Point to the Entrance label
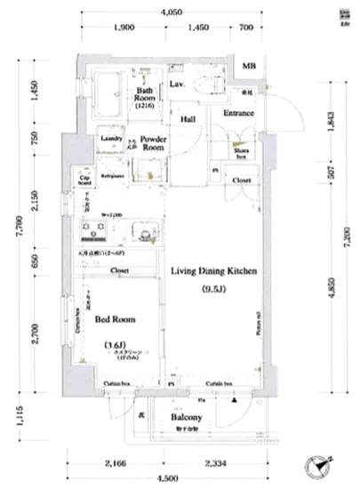point(238,114)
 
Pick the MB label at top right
point(254,67)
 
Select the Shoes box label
point(240,153)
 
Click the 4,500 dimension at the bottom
point(172,483)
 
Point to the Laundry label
point(111,139)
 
